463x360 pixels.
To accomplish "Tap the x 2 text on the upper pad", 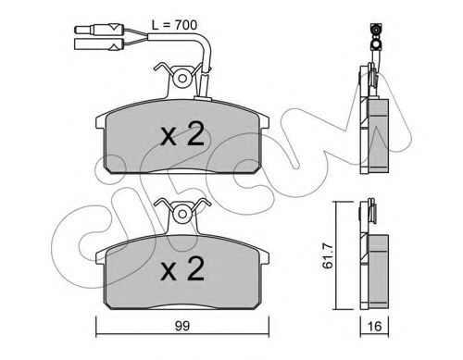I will [x=183, y=136].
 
